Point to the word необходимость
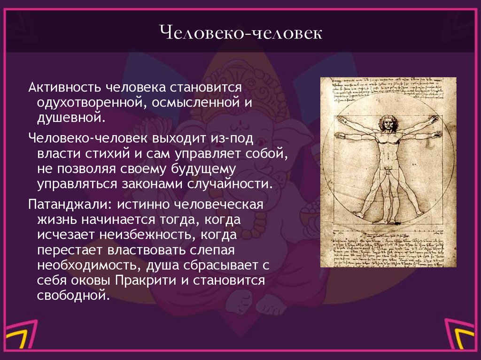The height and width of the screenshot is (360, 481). click(85, 265)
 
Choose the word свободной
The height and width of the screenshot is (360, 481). click(73, 296)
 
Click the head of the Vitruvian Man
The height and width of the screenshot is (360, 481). click(388, 123)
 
